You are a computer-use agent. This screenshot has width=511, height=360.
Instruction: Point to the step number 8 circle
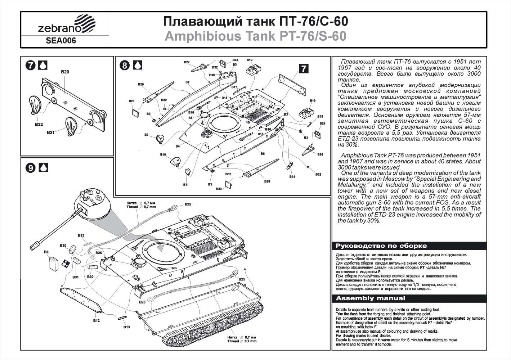124,65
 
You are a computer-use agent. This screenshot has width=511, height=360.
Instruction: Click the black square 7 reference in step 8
304,68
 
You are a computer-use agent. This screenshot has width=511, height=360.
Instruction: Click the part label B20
65,72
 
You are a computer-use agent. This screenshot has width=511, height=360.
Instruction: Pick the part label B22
39,125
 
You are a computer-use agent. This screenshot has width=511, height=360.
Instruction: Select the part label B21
50,132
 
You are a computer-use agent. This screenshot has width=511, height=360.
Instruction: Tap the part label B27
187,62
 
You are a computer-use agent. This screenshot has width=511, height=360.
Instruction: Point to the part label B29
141,84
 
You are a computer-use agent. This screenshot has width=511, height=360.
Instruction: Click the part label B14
292,177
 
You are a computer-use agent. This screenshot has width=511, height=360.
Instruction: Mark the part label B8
46,252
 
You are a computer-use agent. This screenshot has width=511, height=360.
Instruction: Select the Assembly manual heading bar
370,298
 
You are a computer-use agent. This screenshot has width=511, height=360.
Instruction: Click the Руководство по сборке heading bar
381,246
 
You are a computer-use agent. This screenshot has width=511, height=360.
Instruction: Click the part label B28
267,181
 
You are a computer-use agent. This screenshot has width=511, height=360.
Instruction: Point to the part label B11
186,184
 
